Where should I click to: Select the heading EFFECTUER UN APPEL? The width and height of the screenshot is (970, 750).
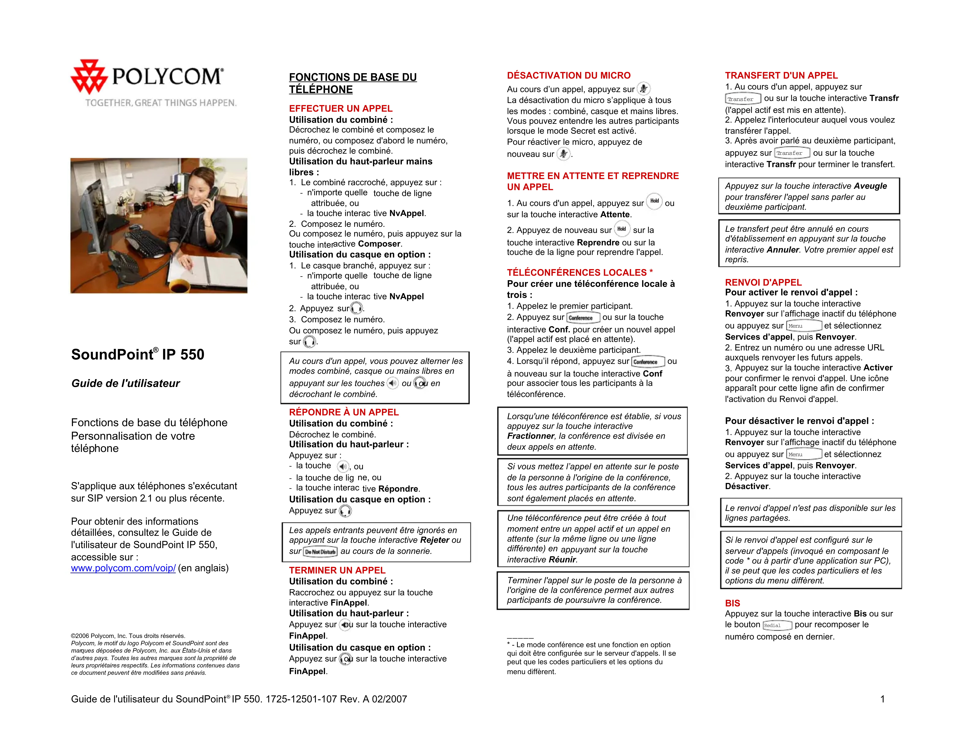pyautogui.click(x=341, y=109)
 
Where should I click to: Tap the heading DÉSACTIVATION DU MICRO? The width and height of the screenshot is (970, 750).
pyautogui.click(x=569, y=76)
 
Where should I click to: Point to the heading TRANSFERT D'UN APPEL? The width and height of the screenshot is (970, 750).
pyautogui.click(x=781, y=76)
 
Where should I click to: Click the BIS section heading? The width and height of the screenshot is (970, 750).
pyautogui.click(x=732, y=603)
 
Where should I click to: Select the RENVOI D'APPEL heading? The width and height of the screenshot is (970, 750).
pyautogui.click(x=763, y=282)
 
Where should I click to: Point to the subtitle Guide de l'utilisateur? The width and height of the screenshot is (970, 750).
pyautogui.click(x=126, y=383)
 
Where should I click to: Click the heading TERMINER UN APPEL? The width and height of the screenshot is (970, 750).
pyautogui.click(x=337, y=570)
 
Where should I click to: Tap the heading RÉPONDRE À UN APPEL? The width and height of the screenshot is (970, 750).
pyautogui.click(x=344, y=412)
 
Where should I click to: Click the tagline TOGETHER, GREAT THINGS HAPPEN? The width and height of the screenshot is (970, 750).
pyautogui.click(x=161, y=103)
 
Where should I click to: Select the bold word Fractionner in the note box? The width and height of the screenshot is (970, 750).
pyautogui.click(x=531, y=436)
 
